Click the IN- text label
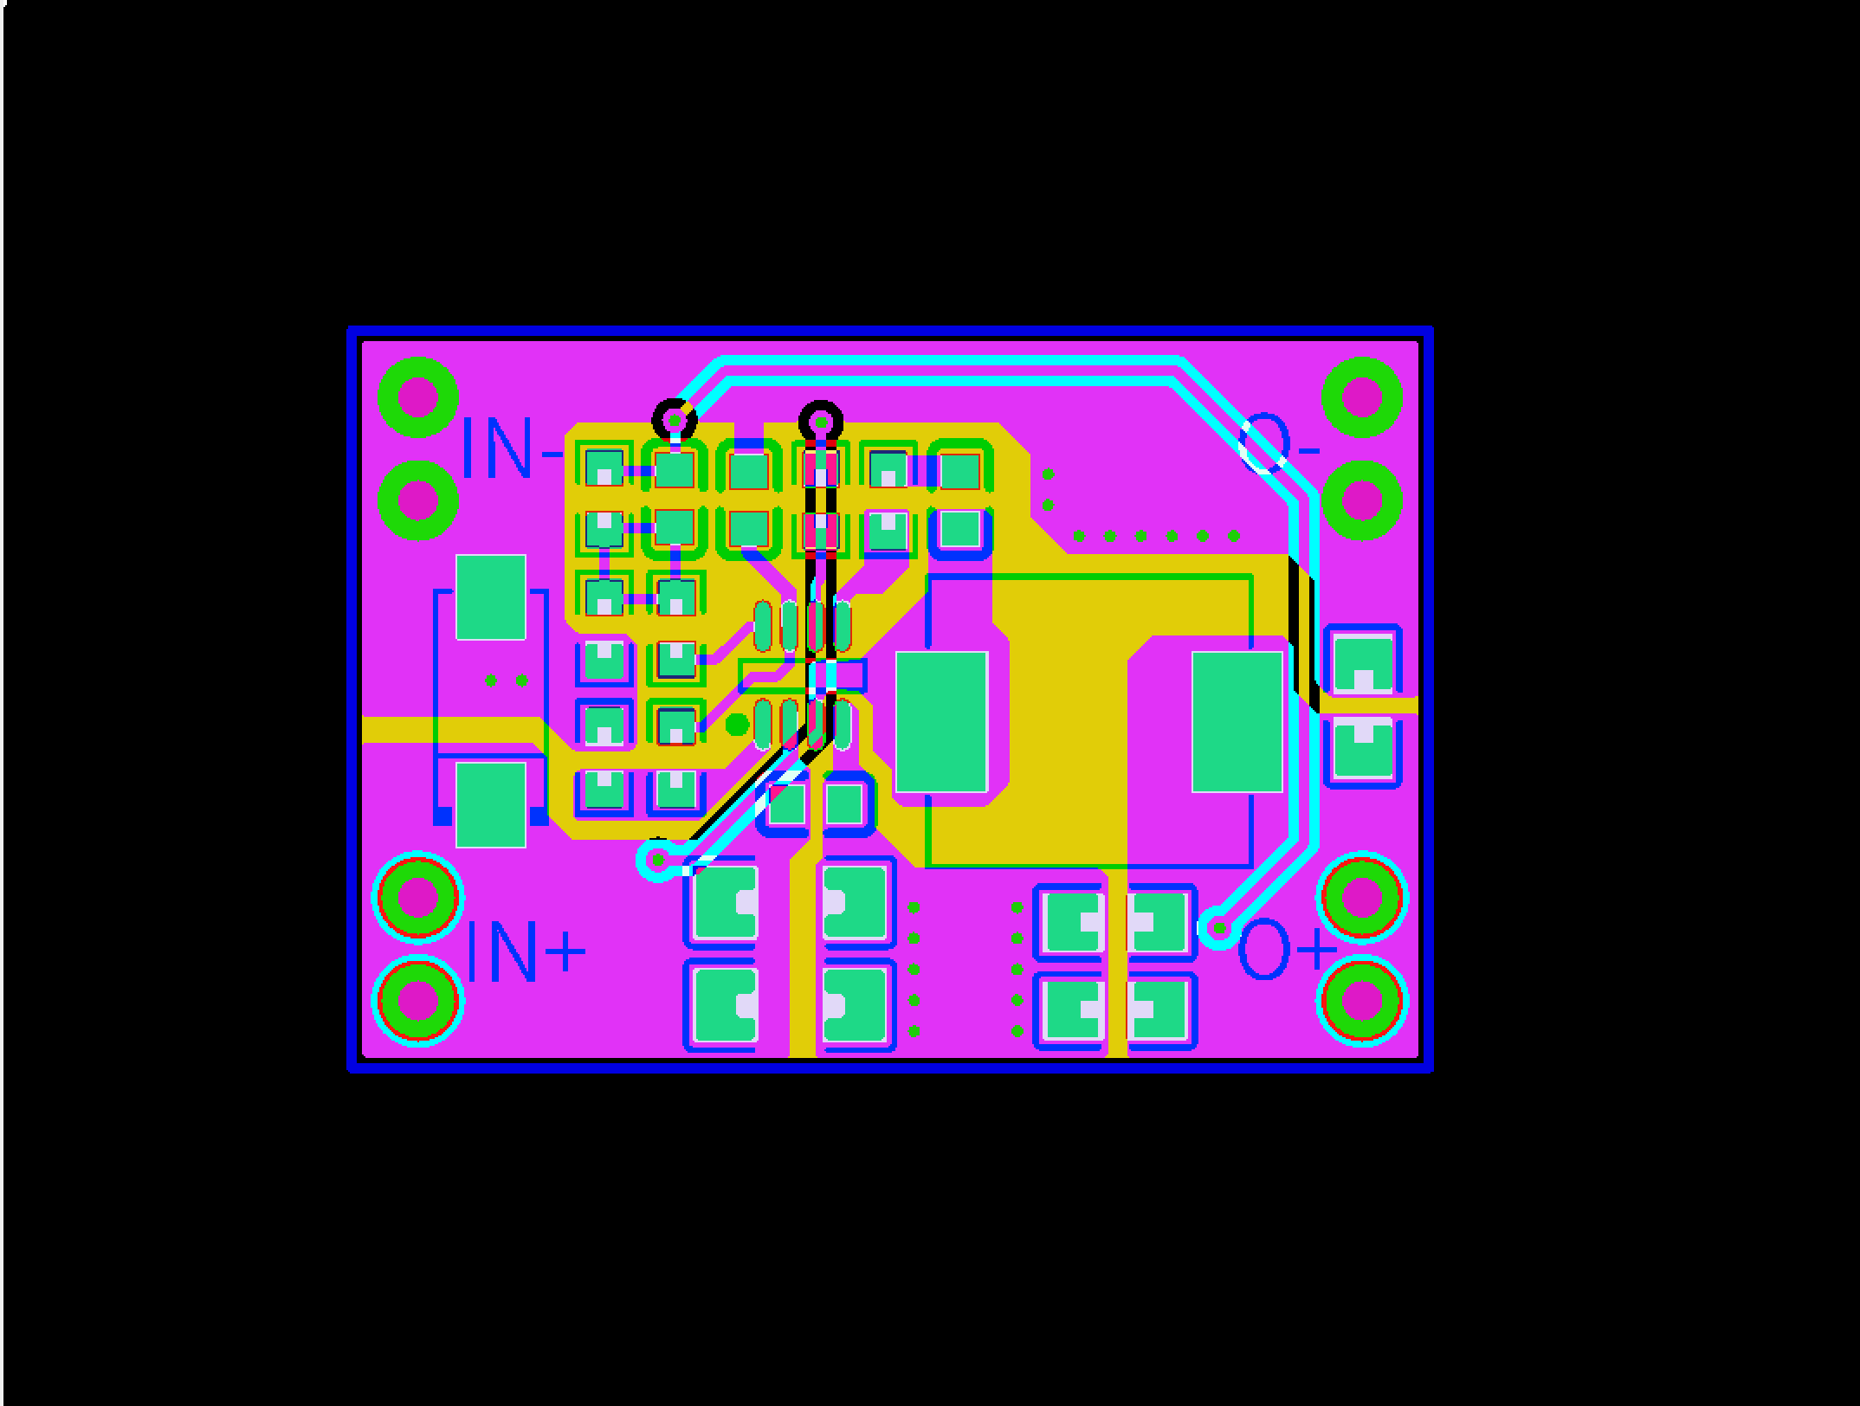[512, 448]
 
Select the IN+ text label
[526, 952]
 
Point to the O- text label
[1280, 443]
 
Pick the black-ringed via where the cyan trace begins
[675, 422]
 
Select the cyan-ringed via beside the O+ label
[1218, 929]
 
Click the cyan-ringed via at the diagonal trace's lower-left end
[658, 860]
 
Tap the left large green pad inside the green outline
[941, 722]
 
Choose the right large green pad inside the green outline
[1237, 722]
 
